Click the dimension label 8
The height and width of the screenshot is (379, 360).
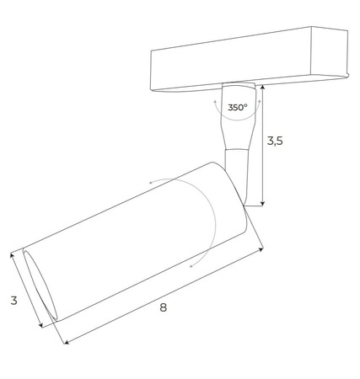(163, 307)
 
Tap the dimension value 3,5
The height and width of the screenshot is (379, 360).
(275, 141)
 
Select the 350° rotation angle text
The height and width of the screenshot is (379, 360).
(237, 108)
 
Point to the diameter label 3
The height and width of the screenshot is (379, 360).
(13, 300)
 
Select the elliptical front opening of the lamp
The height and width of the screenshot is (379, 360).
(40, 286)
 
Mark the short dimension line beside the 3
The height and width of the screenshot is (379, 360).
(26, 291)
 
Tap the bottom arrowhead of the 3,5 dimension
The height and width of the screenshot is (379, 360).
(264, 203)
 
